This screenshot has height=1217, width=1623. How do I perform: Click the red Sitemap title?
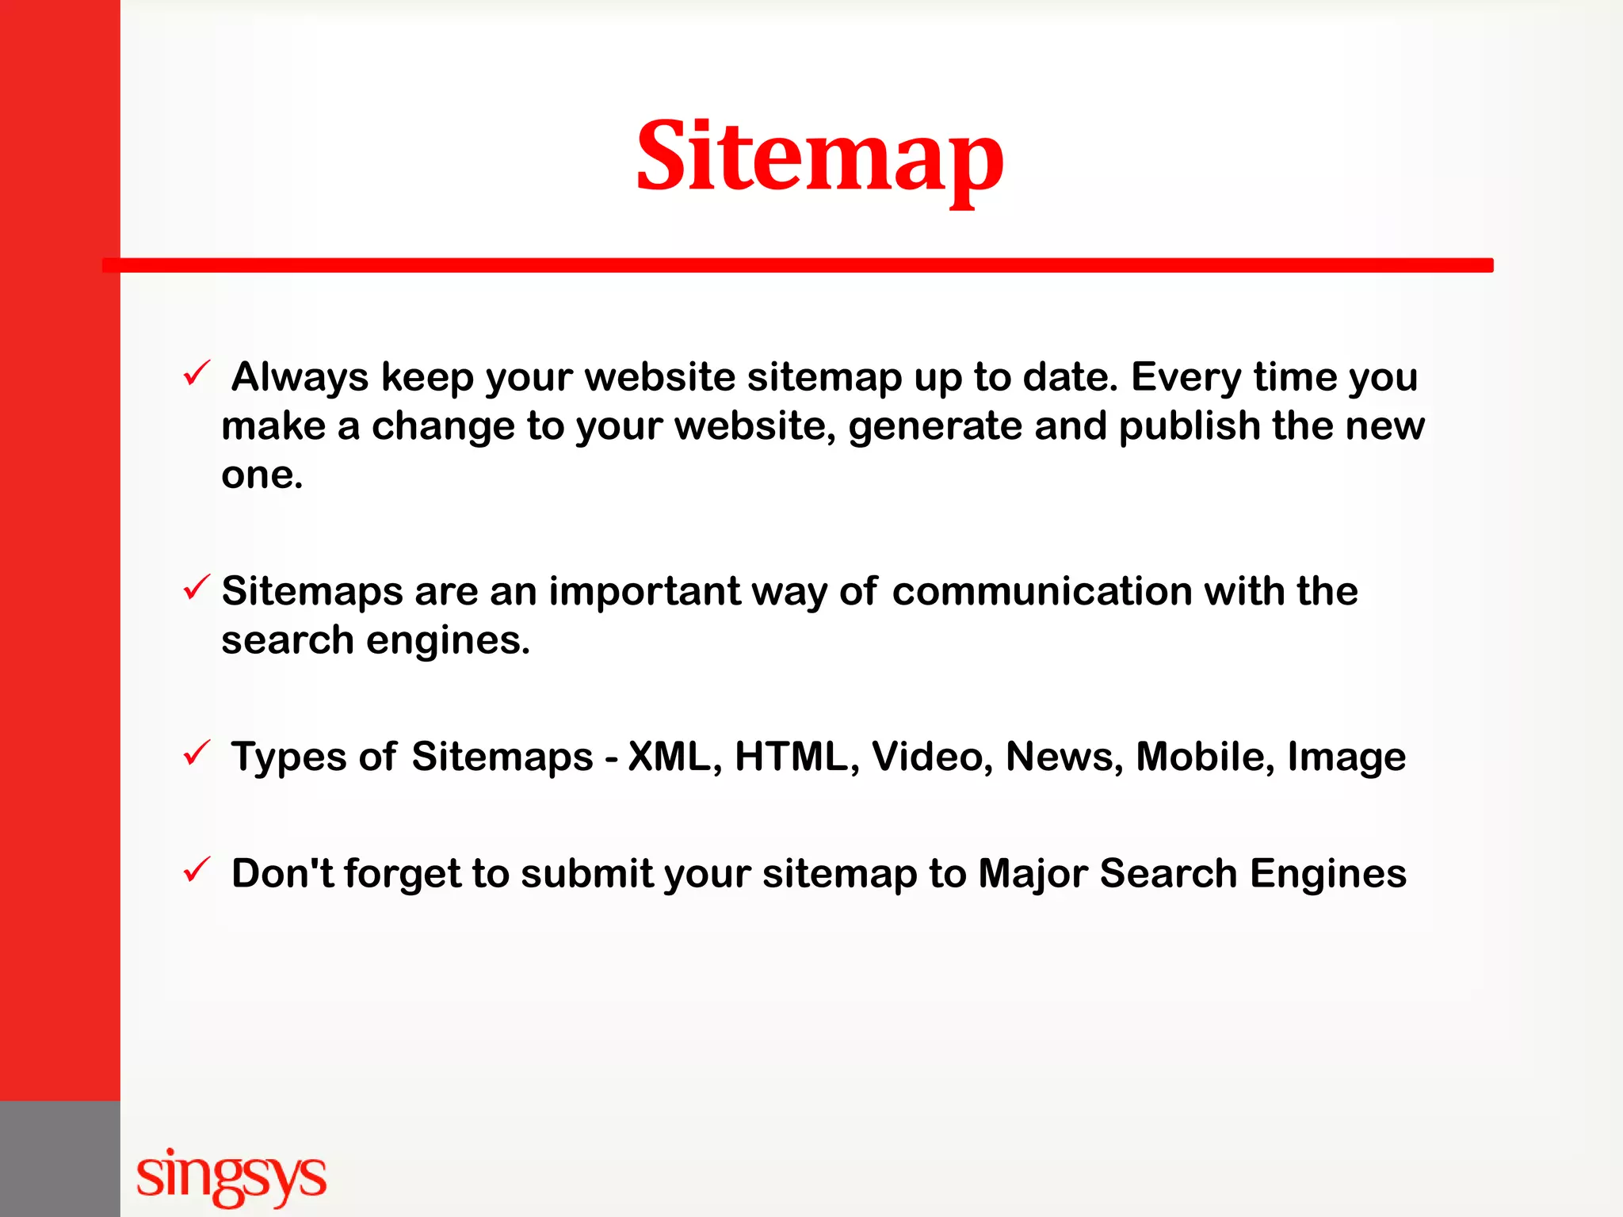tap(819, 157)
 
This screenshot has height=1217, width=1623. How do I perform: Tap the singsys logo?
tap(231, 1177)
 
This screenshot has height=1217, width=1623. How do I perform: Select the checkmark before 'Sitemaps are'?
tap(196, 588)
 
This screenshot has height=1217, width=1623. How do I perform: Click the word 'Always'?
tap(300, 377)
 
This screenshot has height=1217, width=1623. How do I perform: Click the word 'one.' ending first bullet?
tap(262, 475)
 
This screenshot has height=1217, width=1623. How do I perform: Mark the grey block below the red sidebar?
tap(59, 1158)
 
